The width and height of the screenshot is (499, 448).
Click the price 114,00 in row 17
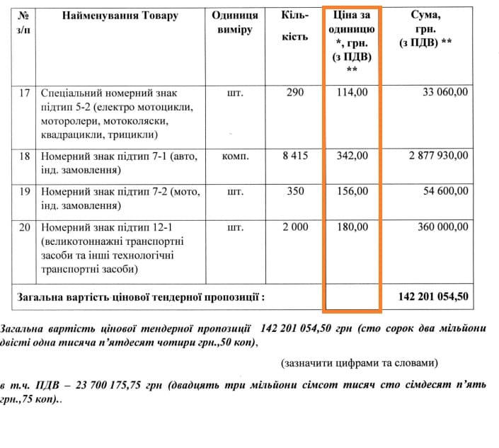(351, 93)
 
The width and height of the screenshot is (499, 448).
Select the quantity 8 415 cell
(295, 156)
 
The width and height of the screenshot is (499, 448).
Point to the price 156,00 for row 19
(351, 191)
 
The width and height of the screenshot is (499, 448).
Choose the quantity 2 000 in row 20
(295, 227)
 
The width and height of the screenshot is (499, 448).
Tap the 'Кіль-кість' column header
(295, 25)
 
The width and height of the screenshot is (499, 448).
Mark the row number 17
(25, 93)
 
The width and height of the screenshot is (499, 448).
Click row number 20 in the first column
(25, 227)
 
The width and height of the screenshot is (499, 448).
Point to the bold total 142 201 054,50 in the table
(433, 297)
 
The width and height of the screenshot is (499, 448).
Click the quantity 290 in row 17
(295, 93)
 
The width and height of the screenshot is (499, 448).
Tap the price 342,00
(351, 156)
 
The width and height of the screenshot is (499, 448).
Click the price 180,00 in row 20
(351, 227)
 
